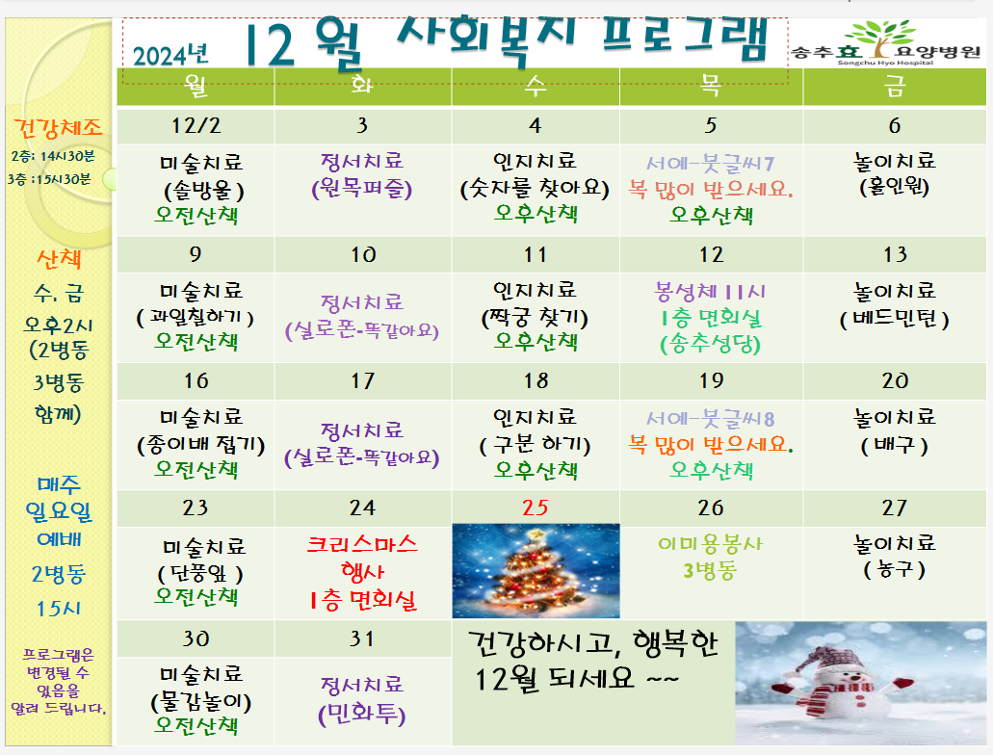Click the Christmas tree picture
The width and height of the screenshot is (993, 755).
536,571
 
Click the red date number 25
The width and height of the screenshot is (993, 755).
536,508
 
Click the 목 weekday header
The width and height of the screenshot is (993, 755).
711,85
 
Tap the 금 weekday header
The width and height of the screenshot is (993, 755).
894,86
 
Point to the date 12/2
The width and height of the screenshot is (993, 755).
196,125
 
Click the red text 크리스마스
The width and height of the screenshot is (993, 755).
362,544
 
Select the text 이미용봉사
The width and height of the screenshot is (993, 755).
711,543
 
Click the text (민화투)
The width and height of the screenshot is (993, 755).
361,714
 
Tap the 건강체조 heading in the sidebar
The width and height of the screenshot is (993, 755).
58,128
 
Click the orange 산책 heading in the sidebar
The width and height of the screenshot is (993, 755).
59,258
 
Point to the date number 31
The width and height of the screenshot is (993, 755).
361,638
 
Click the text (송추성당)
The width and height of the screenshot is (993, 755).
711,344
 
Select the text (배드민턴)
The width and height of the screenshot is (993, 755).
894,319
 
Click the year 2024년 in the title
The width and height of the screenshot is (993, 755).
170,55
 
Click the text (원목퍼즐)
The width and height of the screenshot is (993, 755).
361,189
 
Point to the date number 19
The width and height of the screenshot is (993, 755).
711,380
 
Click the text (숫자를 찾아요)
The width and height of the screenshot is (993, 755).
536,188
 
